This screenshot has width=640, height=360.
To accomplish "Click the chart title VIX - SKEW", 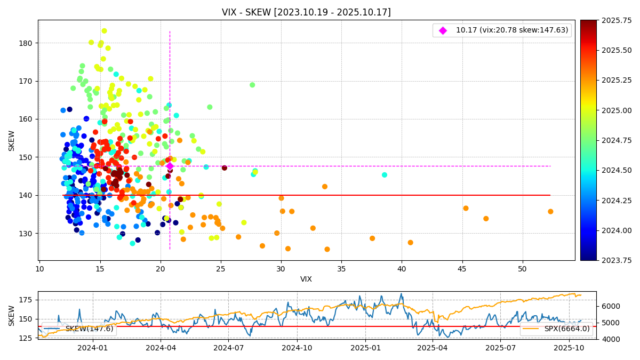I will point(306,12).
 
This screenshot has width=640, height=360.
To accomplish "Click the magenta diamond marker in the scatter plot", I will point(170,166).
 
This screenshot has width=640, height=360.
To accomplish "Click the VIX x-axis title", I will point(306,279).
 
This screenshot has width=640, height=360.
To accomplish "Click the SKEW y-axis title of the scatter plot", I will point(12,140).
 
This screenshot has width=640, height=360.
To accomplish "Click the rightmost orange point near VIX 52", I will point(550,212).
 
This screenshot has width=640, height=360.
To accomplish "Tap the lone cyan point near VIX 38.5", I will point(385,175).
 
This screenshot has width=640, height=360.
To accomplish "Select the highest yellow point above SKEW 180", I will point(104,31).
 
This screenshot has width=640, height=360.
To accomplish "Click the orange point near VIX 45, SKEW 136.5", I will point(466,208).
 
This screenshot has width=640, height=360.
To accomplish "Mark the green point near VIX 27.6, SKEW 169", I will point(252,85).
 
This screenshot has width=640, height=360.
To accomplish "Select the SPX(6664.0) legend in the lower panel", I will point(557,329).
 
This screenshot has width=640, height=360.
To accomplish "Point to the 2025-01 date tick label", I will point(365,348).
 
